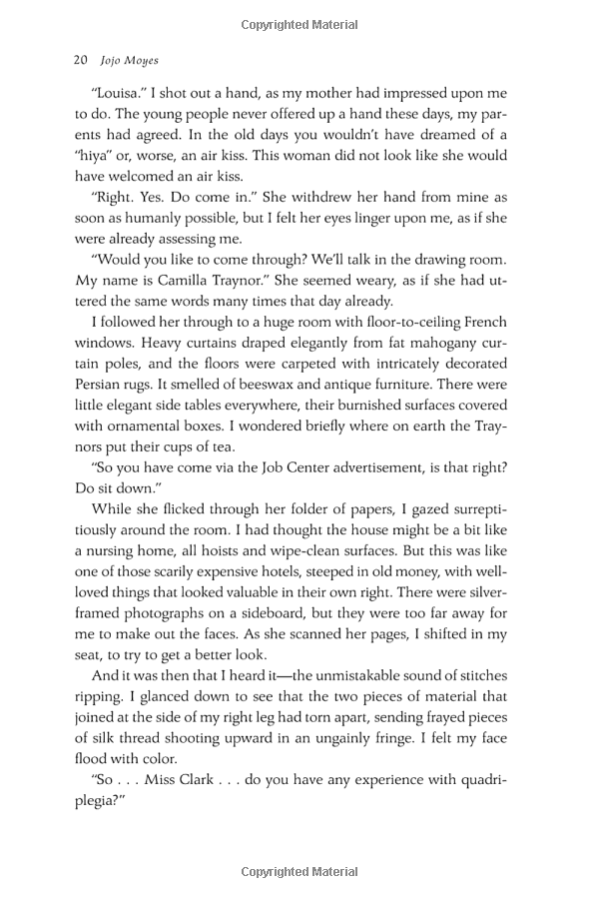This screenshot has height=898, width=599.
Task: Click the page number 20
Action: coord(82,60)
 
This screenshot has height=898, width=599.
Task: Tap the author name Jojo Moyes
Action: coord(130,60)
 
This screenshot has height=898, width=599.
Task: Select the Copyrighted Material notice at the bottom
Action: coord(299,872)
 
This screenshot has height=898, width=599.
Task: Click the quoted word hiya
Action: coord(97,156)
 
